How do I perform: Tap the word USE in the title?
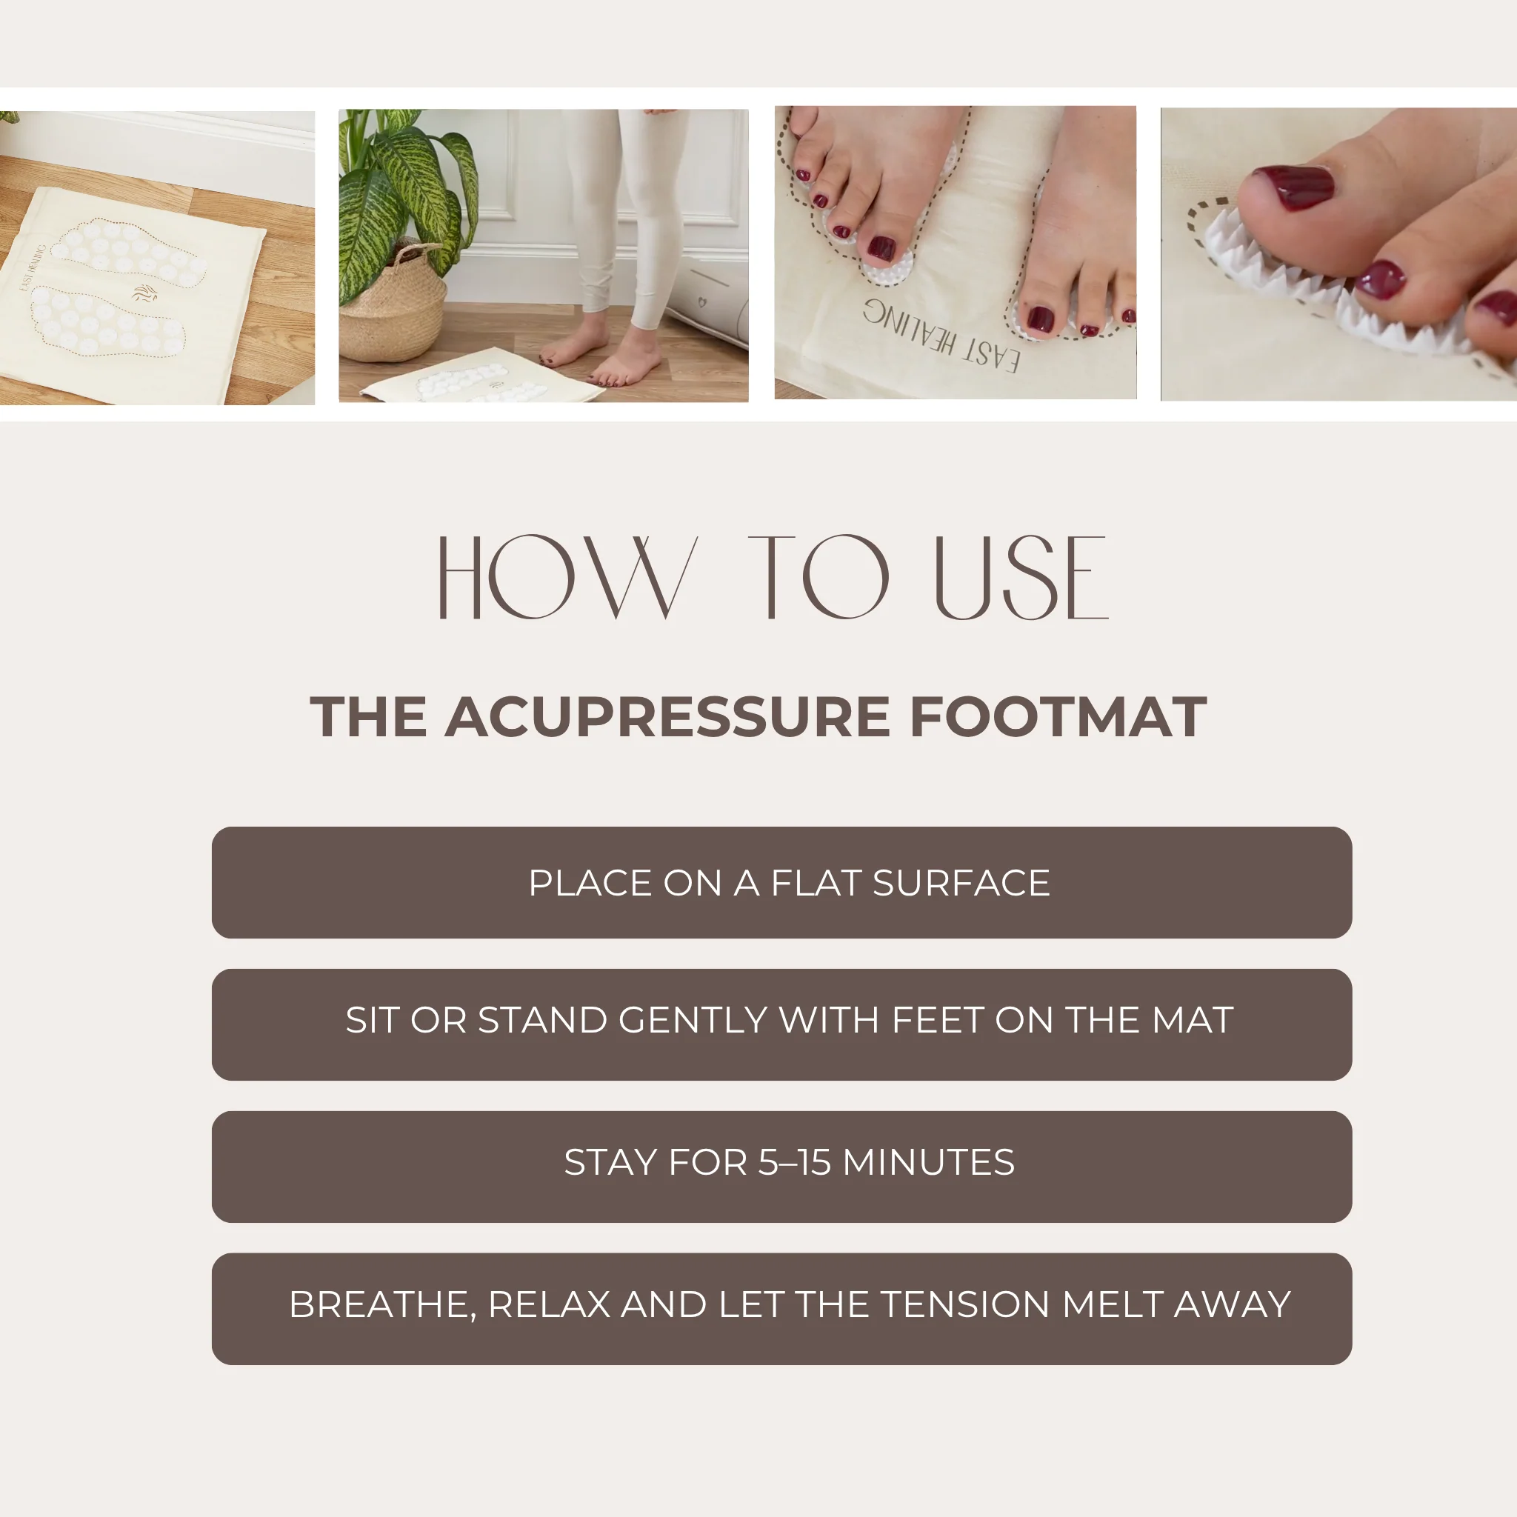[x=1021, y=578]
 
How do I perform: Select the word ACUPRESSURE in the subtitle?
[x=667, y=717]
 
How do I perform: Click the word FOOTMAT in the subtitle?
[x=1058, y=717]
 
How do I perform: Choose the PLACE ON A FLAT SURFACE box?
[x=781, y=882]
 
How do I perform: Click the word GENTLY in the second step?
[x=693, y=1020]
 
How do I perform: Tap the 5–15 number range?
[x=794, y=1162]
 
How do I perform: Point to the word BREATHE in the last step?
[x=381, y=1304]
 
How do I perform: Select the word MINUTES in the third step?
[x=928, y=1162]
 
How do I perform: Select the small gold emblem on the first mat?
[x=145, y=293]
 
